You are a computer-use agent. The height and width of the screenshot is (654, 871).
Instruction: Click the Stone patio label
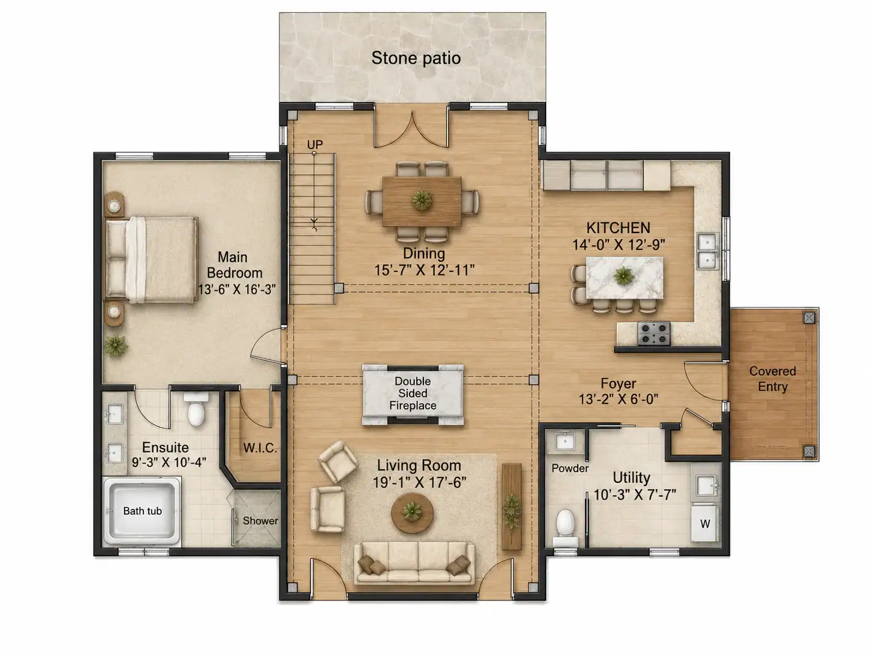(416, 58)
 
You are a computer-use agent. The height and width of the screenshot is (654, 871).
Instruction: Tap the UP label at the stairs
(315, 144)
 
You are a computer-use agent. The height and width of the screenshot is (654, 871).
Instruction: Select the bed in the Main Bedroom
(151, 260)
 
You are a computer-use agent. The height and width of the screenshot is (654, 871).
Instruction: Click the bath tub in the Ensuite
(142, 511)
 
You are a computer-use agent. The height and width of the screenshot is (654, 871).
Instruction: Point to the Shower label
(260, 520)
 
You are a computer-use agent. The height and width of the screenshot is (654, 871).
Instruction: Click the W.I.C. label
(260, 448)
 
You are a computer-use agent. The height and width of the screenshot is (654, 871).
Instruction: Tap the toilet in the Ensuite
(196, 409)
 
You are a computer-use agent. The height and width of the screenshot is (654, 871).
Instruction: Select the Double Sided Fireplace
(413, 394)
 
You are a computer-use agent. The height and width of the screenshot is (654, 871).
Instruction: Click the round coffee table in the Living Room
(412, 512)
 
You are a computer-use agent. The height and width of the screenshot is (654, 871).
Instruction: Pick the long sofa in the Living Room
(414, 564)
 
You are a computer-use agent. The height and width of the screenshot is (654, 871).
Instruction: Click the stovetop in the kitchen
(653, 334)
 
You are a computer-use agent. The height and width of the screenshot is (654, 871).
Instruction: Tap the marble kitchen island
(624, 278)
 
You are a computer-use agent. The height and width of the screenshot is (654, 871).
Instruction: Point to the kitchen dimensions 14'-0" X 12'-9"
(618, 244)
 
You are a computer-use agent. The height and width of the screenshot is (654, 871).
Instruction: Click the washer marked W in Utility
(706, 523)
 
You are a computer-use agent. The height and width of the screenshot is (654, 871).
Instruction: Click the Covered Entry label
(772, 378)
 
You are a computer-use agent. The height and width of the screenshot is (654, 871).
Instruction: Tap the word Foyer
(618, 383)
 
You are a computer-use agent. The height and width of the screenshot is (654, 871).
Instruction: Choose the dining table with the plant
(422, 202)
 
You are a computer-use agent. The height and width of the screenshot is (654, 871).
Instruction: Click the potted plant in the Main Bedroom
(116, 345)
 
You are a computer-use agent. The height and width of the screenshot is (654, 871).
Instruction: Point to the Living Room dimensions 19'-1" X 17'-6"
(419, 482)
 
